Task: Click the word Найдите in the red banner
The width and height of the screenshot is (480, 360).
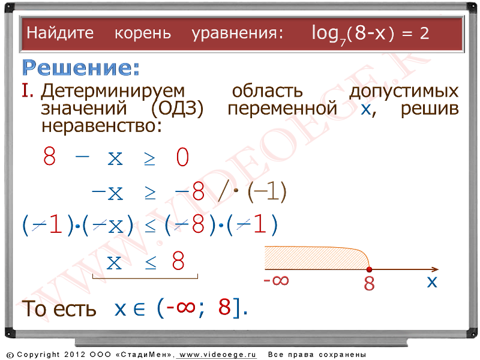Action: click(x=60, y=33)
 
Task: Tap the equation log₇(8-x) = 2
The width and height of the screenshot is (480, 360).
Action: click(x=370, y=34)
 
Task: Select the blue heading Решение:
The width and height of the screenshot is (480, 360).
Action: click(x=81, y=67)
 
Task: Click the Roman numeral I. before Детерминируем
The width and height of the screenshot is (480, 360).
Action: click(x=28, y=91)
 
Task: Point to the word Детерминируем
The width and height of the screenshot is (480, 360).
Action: click(x=113, y=92)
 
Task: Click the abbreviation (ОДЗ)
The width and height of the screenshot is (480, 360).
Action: click(x=177, y=109)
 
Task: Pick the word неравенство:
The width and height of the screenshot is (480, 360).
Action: click(x=101, y=126)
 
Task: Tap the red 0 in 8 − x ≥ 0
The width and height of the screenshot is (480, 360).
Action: click(x=182, y=157)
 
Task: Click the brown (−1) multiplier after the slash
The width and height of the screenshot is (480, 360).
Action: click(x=266, y=191)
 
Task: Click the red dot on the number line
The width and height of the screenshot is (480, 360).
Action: click(x=369, y=269)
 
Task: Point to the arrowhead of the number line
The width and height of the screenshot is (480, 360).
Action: click(x=436, y=269)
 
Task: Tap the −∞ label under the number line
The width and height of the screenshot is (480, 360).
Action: click(x=276, y=280)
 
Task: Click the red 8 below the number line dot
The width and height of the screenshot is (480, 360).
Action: click(x=369, y=283)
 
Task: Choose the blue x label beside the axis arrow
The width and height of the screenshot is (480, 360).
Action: click(x=432, y=281)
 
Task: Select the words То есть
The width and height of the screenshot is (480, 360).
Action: click(x=59, y=308)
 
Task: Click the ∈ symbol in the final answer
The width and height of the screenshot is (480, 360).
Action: click(x=139, y=309)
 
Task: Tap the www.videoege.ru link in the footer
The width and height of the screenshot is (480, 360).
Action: click(x=217, y=355)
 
